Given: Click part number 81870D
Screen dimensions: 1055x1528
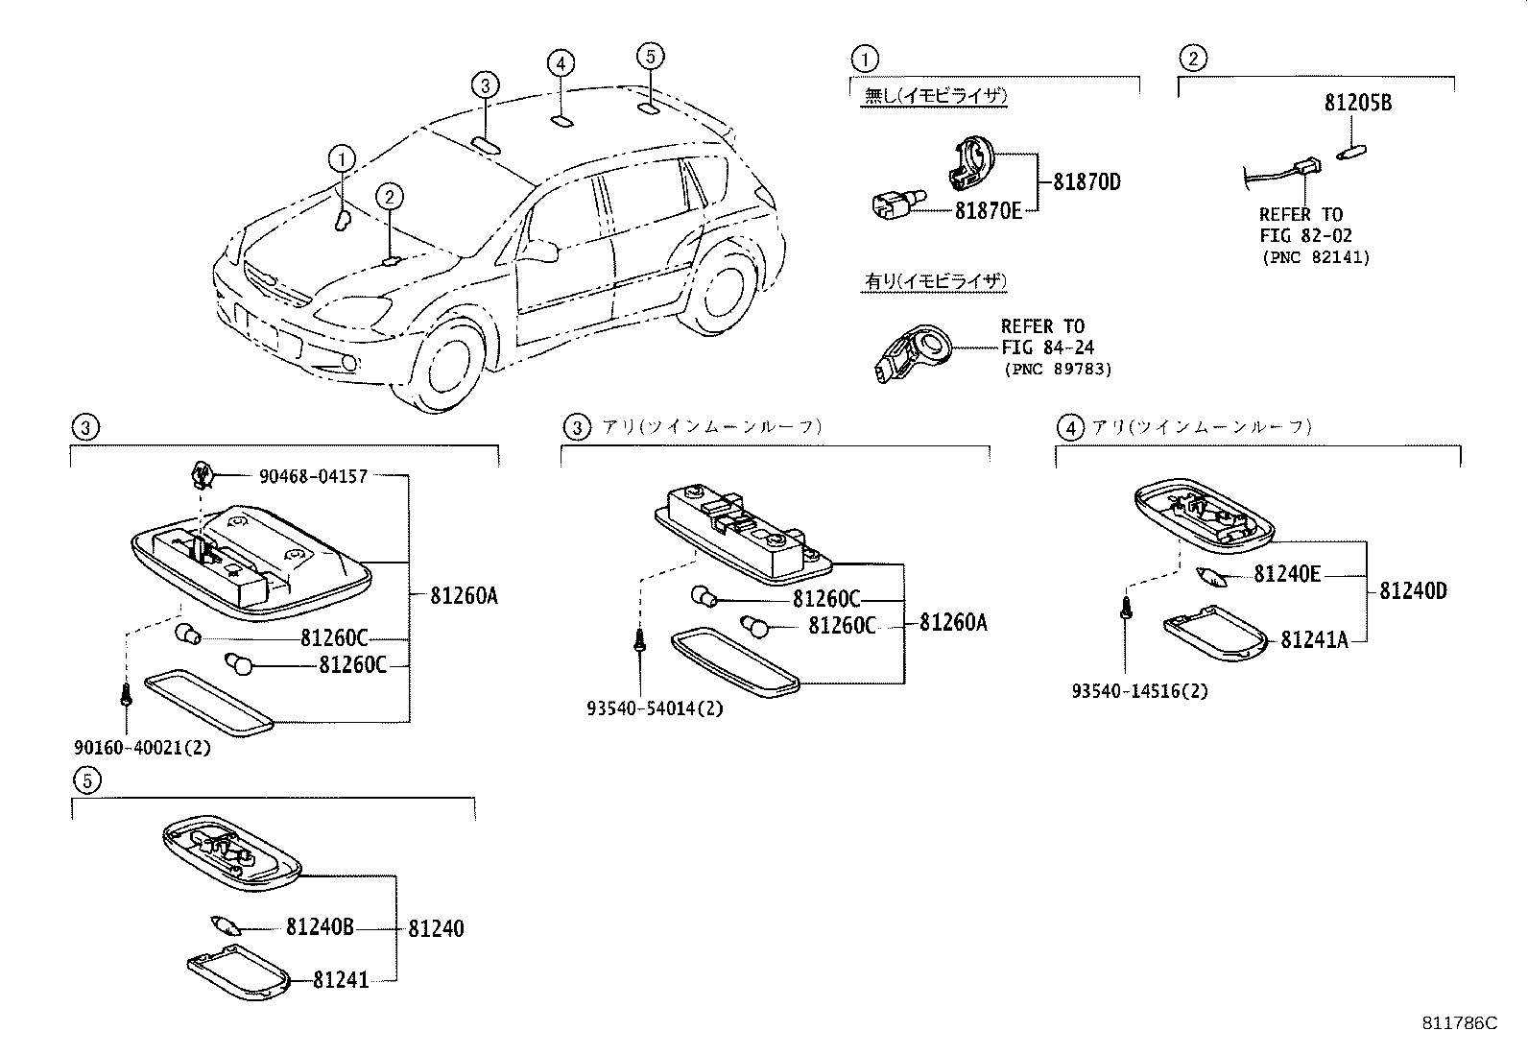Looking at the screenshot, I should tap(1086, 181).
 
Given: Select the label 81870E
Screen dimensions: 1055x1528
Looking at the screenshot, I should tap(988, 210).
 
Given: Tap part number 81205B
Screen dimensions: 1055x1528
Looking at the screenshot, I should tap(1357, 103).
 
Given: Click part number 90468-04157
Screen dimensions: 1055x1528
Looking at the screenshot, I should tap(313, 475).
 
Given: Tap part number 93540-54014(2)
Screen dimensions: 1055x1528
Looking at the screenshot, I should tap(655, 708).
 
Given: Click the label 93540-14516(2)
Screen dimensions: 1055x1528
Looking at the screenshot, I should tap(1140, 690).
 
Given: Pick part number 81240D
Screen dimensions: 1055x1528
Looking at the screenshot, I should tap(1413, 590).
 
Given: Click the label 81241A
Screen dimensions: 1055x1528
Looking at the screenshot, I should tap(1314, 639).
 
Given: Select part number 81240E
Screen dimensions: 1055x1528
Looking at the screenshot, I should tap(1287, 574).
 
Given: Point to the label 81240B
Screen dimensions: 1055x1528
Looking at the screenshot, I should tap(320, 927).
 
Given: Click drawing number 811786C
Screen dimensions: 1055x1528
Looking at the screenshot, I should tap(1459, 1022).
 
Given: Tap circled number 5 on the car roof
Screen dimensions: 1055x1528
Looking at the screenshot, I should tap(650, 57).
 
